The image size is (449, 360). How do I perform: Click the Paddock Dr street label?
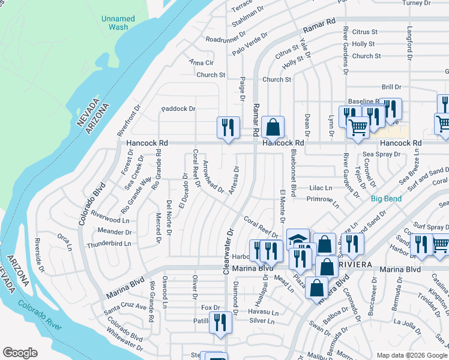click(x=178, y=109)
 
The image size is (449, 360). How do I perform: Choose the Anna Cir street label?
click(x=201, y=62)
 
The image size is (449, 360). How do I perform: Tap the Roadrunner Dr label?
click(x=223, y=40)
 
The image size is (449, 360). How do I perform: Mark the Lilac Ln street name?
click(x=321, y=188)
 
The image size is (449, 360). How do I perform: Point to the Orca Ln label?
click(x=65, y=239)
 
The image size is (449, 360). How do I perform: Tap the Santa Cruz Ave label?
click(x=125, y=307)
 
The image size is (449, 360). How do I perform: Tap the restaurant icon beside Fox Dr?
click(x=220, y=322)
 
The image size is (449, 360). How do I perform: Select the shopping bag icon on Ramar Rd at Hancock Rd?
click(x=273, y=127)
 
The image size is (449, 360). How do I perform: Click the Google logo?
click(x=20, y=353)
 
